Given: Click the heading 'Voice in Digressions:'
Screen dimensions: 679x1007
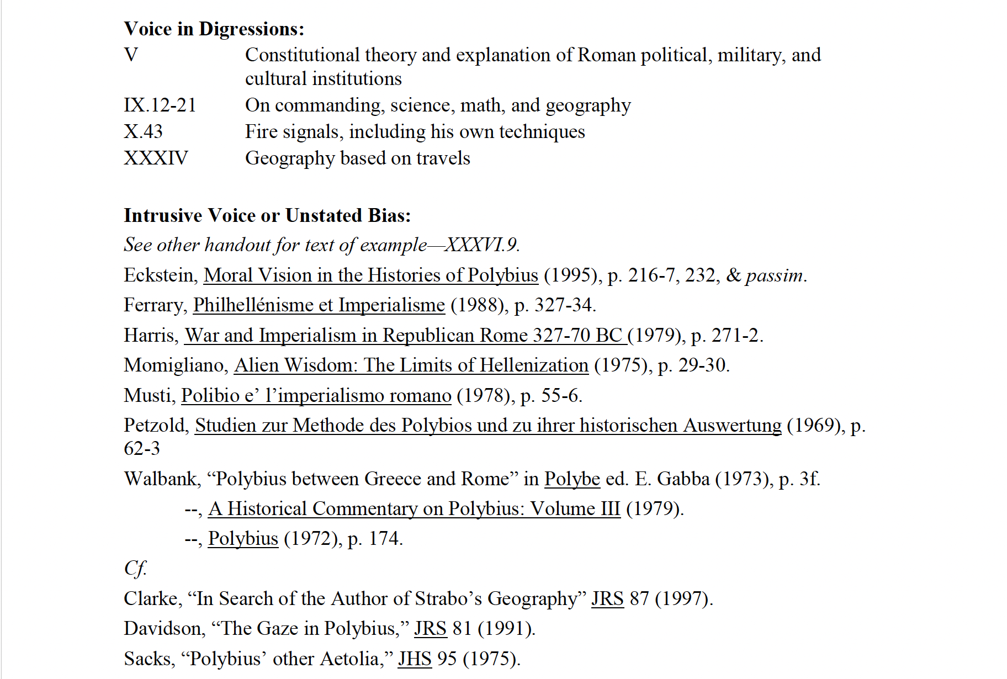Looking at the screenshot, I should click(x=214, y=29).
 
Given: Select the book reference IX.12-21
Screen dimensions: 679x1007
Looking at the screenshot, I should click(x=160, y=105).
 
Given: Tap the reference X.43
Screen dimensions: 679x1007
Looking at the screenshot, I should click(x=143, y=131).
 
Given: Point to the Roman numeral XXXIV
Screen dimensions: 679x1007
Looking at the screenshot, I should click(x=156, y=158).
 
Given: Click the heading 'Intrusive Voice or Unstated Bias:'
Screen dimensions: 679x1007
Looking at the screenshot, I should click(x=267, y=215).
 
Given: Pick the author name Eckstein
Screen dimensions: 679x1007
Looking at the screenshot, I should click(x=160, y=275).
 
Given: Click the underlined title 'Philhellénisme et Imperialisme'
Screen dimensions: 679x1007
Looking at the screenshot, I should click(x=319, y=305).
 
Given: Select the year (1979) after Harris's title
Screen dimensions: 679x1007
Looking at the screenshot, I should click(x=656, y=335).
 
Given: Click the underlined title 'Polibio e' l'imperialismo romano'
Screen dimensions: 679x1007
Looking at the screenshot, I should click(x=316, y=395).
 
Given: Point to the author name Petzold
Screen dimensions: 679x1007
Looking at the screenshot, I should click(x=156, y=425).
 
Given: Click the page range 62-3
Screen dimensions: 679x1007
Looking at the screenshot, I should click(x=142, y=448).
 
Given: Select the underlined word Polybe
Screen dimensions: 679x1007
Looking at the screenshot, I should click(x=572, y=479).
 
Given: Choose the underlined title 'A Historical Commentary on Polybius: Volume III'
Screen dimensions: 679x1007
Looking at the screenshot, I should click(x=414, y=508).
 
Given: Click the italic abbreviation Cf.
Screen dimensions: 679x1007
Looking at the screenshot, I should click(x=135, y=568).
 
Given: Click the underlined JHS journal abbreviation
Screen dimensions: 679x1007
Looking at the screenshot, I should click(x=415, y=659).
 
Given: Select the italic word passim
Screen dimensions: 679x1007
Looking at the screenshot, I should click(x=775, y=275).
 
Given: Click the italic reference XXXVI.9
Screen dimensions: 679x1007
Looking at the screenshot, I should click(x=482, y=245).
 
